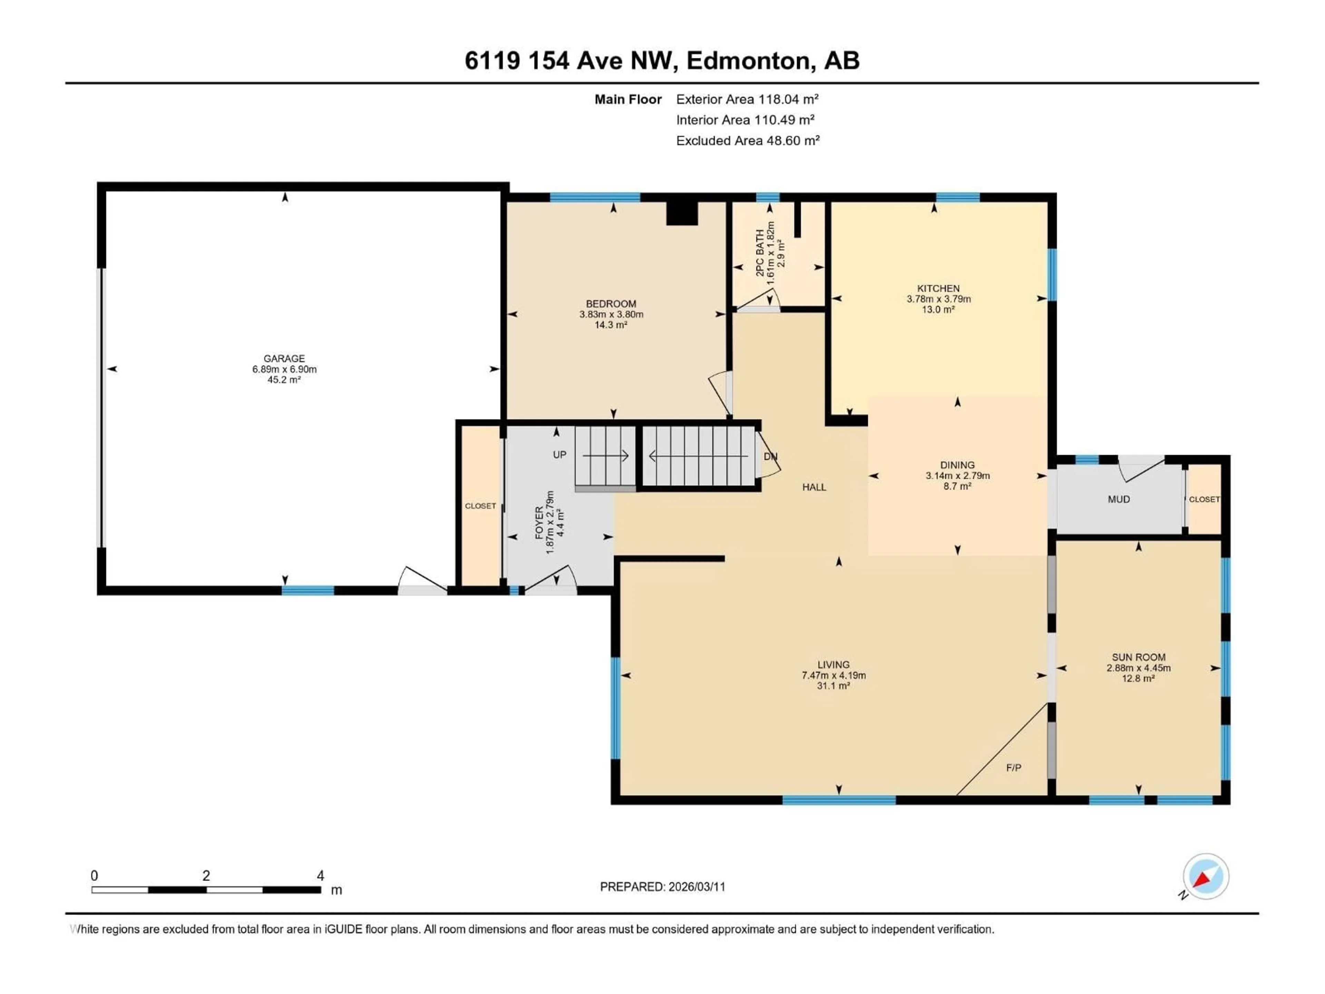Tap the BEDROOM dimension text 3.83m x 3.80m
(611, 314)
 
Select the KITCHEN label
(938, 288)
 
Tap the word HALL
(814, 487)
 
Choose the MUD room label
(1118, 499)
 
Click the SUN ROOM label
(1138, 657)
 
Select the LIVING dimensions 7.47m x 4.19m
(833, 675)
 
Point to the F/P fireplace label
(1013, 768)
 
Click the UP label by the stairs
(559, 455)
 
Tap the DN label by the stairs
(770, 457)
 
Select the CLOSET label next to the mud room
(1204, 499)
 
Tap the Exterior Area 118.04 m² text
(747, 99)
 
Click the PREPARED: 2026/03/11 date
(662, 887)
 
